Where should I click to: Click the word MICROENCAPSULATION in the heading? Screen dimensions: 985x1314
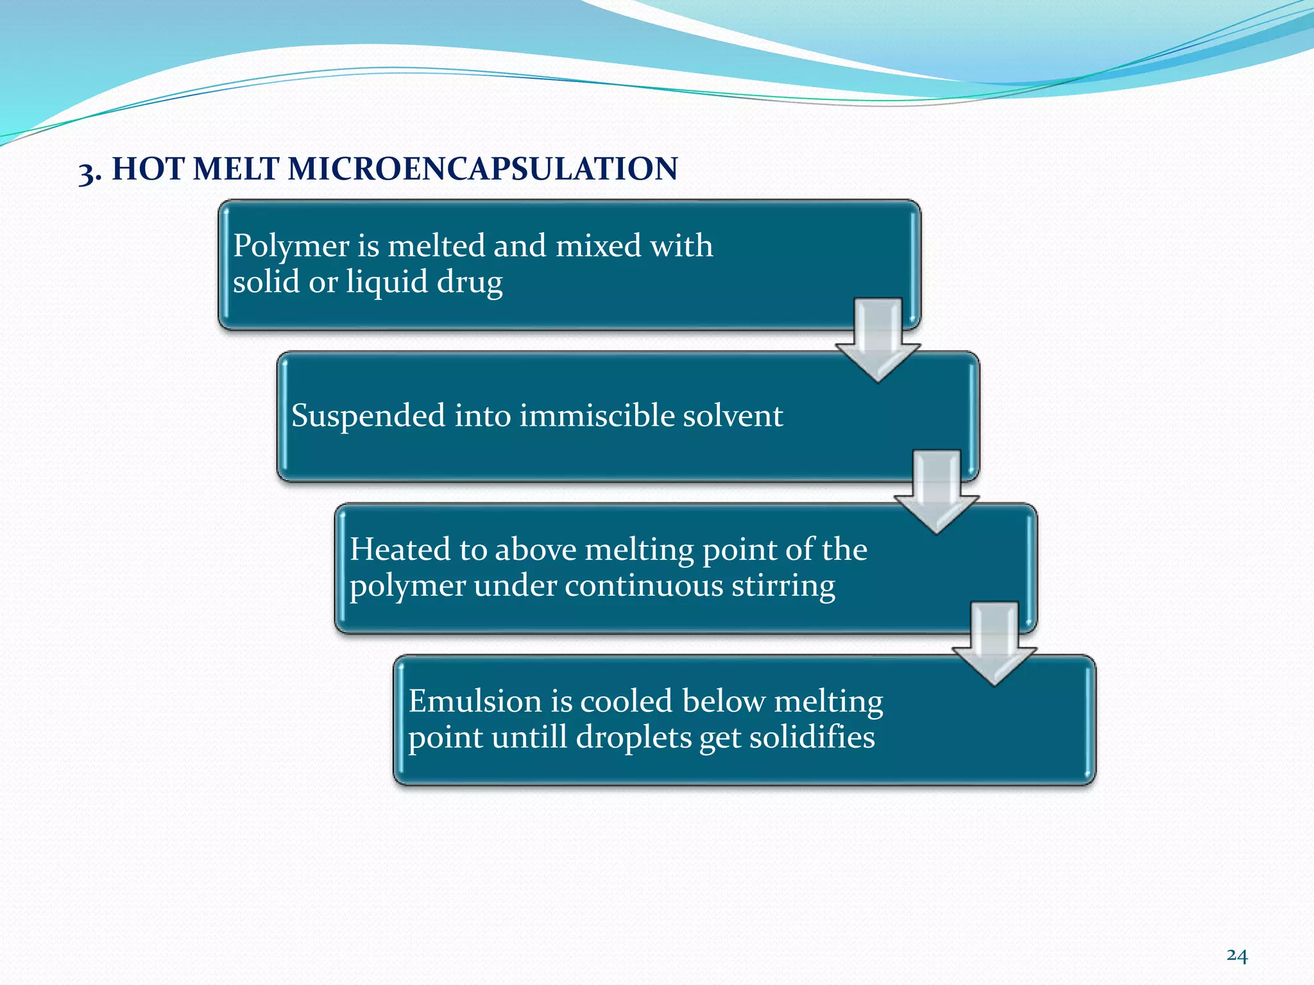click(x=482, y=169)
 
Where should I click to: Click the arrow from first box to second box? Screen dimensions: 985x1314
click(x=878, y=340)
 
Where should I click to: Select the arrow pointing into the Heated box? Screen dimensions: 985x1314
click(x=936, y=492)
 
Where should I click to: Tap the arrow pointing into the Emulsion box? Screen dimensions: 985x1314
click(x=994, y=644)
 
